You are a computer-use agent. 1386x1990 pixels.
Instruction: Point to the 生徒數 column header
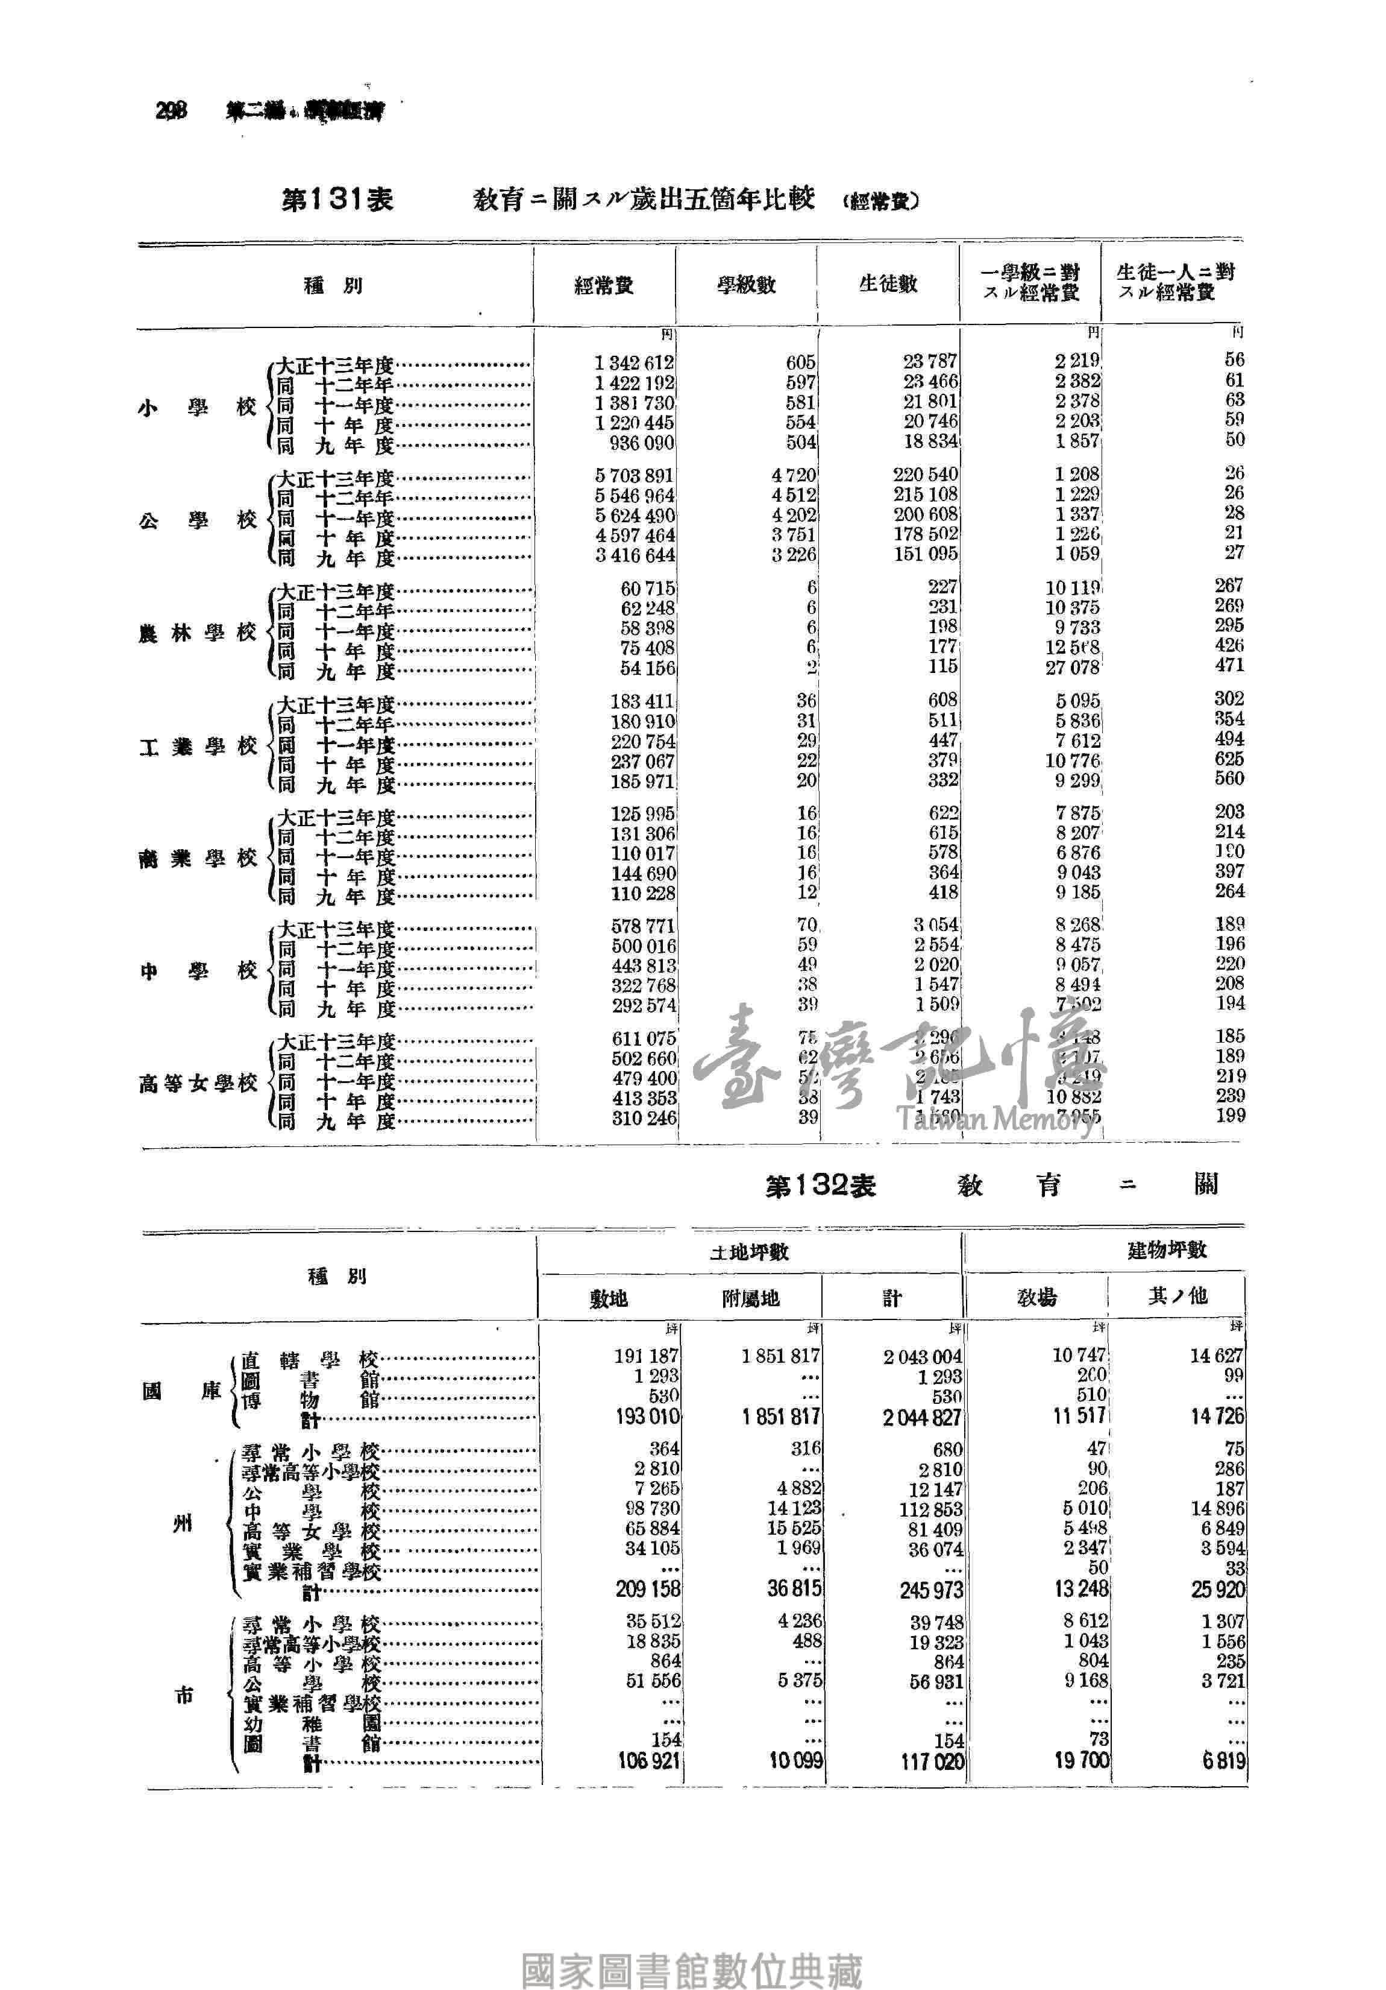coord(888,283)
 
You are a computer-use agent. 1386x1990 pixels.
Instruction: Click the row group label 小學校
coord(198,406)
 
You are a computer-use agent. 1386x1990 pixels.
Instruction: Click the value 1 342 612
coord(634,362)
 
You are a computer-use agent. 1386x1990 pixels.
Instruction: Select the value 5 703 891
coord(634,476)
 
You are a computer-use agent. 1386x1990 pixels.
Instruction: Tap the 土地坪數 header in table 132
coord(749,1251)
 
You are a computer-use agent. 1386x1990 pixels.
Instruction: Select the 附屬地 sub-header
coord(750,1298)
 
